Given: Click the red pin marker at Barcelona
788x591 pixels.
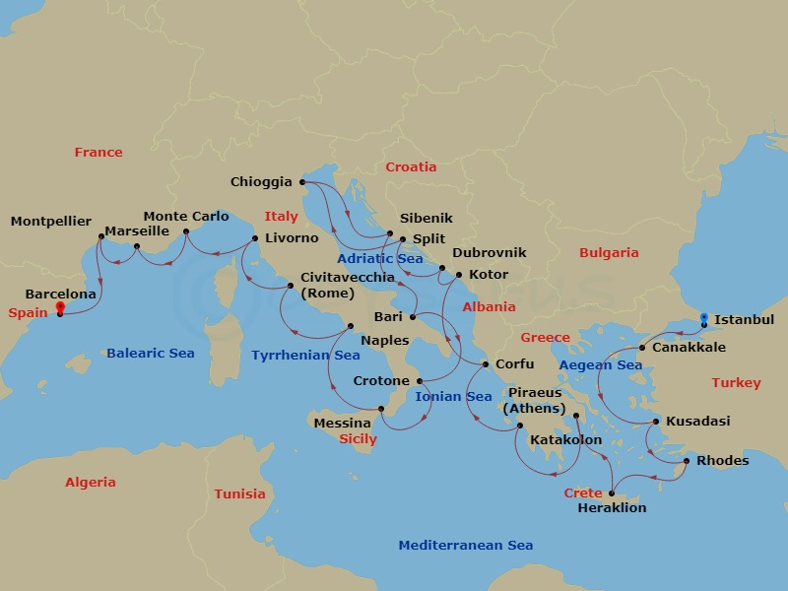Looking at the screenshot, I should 60,308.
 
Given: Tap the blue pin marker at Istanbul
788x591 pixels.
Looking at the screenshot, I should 703,319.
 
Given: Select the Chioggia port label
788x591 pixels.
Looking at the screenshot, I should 261,182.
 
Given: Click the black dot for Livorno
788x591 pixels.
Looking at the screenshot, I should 255,238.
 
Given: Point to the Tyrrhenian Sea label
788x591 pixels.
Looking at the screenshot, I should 305,355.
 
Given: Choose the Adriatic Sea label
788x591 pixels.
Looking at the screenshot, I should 380,259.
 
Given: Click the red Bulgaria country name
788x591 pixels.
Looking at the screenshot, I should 609,253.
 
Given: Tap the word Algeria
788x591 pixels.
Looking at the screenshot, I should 91,483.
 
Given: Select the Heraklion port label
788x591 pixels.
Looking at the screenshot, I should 613,508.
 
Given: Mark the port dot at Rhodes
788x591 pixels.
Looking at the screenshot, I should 687,461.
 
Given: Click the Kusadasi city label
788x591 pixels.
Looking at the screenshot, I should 698,422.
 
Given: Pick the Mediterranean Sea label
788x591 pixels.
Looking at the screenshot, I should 466,546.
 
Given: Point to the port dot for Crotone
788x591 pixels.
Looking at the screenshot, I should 420,381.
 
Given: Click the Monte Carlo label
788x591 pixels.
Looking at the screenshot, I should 186,217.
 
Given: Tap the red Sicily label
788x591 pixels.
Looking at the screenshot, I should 359,439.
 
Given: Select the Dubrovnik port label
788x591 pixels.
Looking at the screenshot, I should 490,253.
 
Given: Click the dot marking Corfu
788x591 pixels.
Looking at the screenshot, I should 485,364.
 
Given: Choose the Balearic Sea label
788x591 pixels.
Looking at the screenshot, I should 151,354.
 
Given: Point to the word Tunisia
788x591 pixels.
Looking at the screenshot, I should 240,494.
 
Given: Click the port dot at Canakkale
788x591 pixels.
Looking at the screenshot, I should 642,348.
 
